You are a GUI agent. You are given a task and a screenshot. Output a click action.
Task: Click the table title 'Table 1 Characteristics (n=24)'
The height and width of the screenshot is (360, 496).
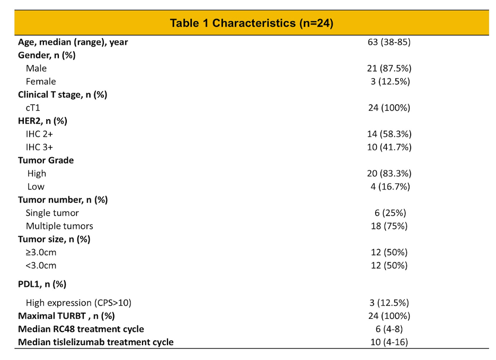click(x=252, y=23)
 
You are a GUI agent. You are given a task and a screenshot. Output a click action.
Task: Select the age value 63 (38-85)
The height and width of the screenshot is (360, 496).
click(x=389, y=42)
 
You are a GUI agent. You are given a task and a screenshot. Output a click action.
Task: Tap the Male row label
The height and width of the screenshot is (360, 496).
click(x=37, y=68)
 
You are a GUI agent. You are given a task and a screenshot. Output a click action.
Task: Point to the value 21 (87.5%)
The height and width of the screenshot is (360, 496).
click(x=389, y=68)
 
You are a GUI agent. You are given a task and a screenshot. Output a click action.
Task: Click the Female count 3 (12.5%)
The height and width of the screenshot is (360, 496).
click(x=391, y=82)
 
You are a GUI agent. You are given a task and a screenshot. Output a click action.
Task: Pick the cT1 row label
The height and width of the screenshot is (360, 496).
click(x=33, y=108)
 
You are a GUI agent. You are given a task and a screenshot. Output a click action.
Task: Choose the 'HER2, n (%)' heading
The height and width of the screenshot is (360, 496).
click(x=43, y=121)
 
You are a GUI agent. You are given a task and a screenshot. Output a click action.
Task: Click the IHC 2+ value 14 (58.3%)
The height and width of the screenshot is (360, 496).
click(x=389, y=134)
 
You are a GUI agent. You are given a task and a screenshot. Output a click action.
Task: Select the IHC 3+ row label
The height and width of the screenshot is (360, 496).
click(x=40, y=147)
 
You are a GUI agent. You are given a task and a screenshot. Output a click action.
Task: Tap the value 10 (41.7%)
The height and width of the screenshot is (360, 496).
click(x=389, y=147)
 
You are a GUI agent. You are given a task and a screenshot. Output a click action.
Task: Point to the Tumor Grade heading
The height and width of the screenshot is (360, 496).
click(x=46, y=160)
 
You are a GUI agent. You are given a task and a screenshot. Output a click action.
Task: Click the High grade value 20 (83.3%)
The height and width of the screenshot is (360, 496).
click(x=389, y=174)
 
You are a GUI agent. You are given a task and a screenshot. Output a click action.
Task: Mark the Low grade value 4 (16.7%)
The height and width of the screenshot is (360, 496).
click(x=391, y=187)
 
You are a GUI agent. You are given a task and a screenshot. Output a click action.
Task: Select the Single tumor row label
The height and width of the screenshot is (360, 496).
click(x=52, y=213)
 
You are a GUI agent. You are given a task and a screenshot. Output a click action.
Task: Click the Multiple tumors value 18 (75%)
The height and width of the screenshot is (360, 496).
click(x=389, y=226)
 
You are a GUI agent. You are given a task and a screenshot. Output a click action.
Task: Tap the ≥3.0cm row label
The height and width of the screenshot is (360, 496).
click(x=41, y=253)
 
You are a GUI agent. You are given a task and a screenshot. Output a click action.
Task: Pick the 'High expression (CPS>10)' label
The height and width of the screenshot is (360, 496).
click(x=78, y=303)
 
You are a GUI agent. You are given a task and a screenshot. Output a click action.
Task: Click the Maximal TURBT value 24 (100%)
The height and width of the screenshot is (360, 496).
click(x=389, y=316)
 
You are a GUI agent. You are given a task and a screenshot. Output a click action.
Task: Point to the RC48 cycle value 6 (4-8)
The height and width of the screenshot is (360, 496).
click(x=389, y=329)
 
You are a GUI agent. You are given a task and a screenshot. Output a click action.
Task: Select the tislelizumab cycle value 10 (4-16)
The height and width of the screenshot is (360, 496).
click(x=389, y=343)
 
